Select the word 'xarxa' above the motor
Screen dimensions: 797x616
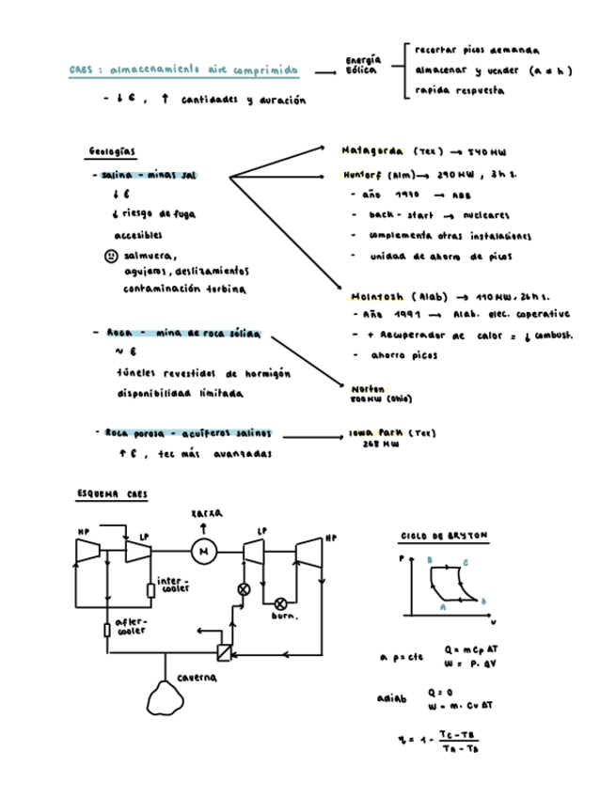[x=206, y=514]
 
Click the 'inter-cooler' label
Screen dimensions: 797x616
[x=174, y=585]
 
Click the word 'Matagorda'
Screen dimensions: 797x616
[x=372, y=150]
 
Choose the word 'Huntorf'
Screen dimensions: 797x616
[x=363, y=175]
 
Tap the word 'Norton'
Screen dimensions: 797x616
[x=362, y=388]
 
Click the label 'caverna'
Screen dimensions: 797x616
[x=197, y=678]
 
